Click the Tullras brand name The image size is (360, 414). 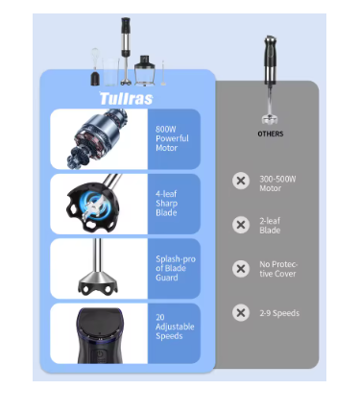coord(127,98)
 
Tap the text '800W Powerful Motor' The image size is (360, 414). coord(172,138)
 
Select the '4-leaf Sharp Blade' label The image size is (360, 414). coord(166,204)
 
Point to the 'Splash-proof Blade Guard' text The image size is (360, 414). coord(176,268)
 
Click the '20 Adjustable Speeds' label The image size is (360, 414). coord(175,327)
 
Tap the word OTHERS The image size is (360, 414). coord(271,134)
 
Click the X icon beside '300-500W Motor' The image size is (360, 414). coord(241,181)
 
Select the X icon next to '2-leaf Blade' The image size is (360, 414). coord(241,225)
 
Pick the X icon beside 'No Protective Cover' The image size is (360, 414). coord(241,269)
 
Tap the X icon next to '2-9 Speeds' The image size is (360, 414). coord(241,312)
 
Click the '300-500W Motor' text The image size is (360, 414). coord(277,183)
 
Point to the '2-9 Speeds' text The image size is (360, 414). coord(279,313)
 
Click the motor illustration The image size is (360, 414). coord(98,138)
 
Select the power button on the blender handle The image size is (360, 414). coord(100,354)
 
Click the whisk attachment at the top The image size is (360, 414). coord(95,67)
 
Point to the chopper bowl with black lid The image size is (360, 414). coord(145,71)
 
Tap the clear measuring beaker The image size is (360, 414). coord(110,72)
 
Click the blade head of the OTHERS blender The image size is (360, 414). coord(270,119)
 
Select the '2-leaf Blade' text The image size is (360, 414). coord(270,226)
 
